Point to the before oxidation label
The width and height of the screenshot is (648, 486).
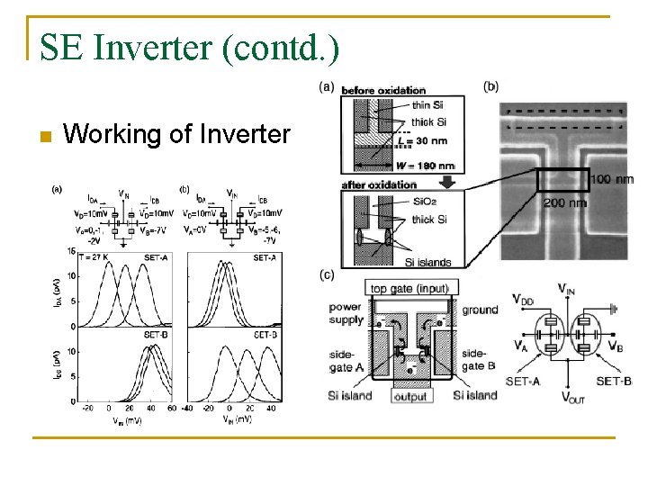point(383,90)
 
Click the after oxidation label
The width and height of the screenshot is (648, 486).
point(380,184)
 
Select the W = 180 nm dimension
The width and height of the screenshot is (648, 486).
point(425,166)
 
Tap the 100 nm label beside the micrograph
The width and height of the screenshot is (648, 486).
point(611,180)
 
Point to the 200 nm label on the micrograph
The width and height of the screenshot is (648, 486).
point(565,202)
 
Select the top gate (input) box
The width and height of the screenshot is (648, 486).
point(410,288)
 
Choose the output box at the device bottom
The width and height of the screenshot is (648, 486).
point(411,396)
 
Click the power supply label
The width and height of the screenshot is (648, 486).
point(345,312)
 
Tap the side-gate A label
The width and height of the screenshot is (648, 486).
point(346,360)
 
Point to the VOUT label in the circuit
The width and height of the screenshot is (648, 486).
point(572,397)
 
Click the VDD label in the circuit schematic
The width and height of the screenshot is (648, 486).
point(526,299)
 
